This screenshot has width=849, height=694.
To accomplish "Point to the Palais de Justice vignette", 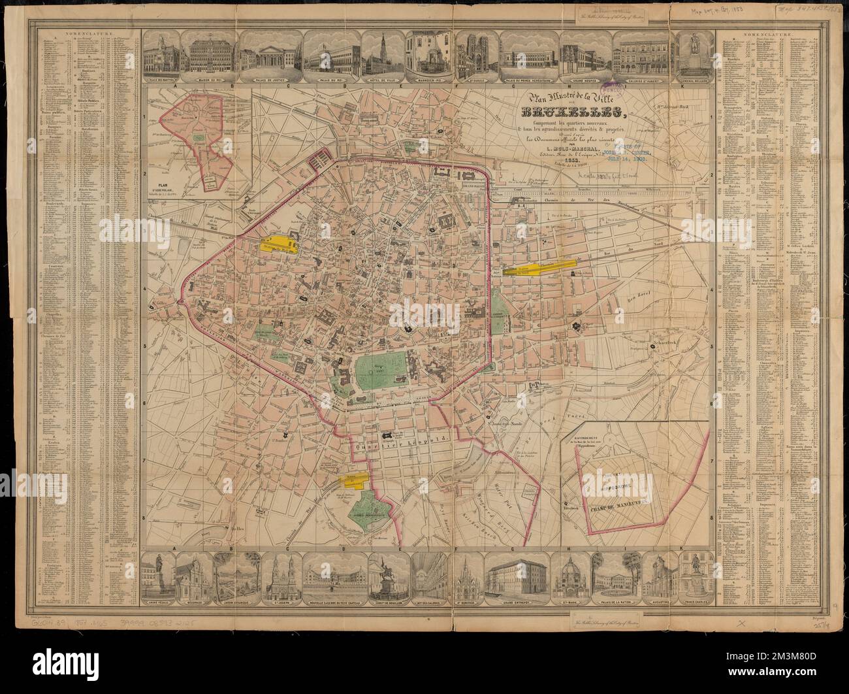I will tap(265, 52).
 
